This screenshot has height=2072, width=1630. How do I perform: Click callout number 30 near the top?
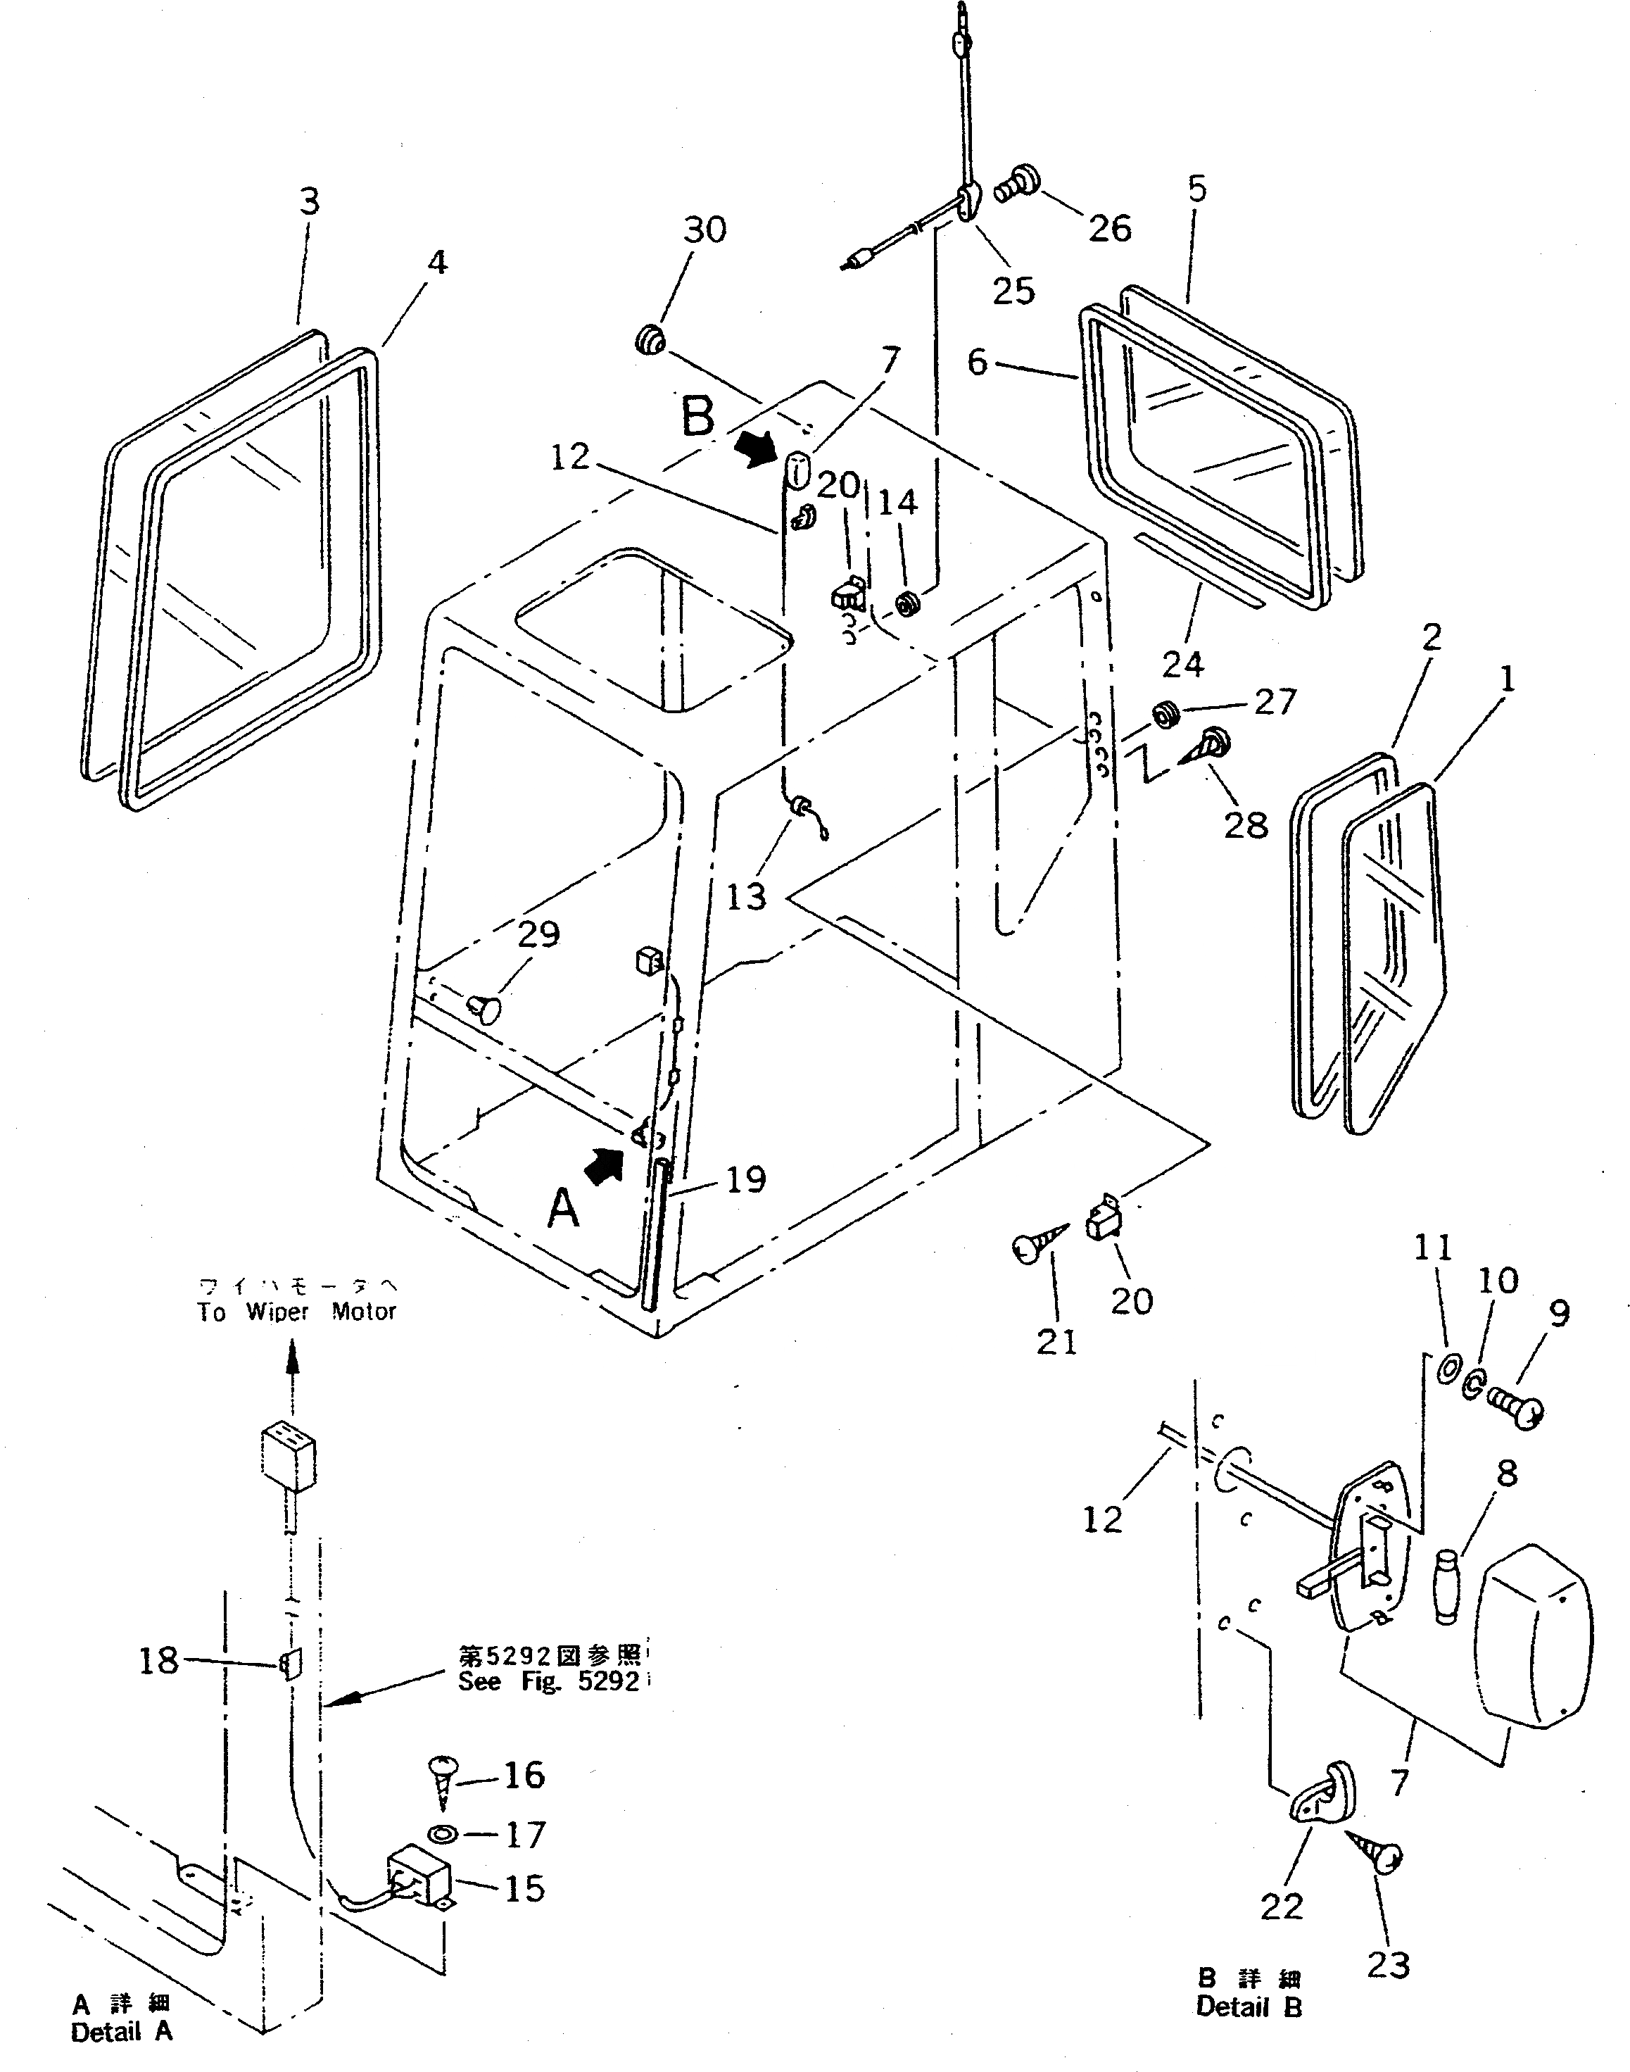[x=705, y=230]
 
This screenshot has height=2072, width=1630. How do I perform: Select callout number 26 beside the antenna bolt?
[x=1110, y=228]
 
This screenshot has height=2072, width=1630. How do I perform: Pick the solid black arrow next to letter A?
[x=604, y=1165]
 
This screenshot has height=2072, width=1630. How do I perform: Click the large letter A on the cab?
[x=563, y=1210]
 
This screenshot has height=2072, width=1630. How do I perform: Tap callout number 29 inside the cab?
[x=538, y=934]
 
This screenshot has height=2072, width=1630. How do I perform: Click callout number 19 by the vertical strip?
[x=746, y=1180]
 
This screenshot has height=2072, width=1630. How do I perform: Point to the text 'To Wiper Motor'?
[x=296, y=1312]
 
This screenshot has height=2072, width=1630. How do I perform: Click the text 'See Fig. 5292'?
[x=548, y=1682]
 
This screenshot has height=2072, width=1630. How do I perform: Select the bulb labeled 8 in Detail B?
[x=1448, y=1587]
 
